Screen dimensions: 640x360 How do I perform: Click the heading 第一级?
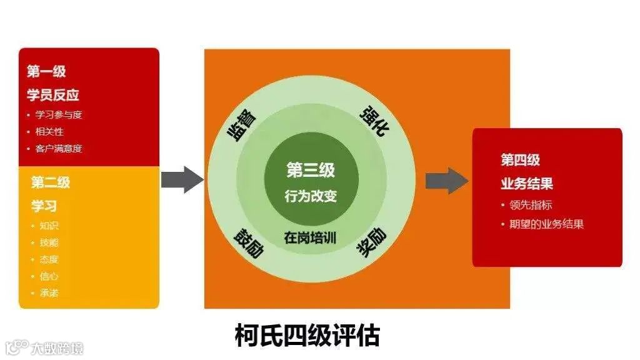tap(46, 72)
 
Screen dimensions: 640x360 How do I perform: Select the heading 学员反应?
tap(53, 96)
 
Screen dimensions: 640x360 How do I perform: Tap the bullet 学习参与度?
tap(59, 115)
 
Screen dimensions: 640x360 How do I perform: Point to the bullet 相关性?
tap(49, 132)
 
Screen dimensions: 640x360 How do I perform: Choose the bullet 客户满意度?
tap(59, 149)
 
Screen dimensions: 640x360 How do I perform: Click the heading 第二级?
tap(51, 182)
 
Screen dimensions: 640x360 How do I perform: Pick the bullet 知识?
tap(48, 226)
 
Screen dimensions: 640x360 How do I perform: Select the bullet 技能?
tap(48, 242)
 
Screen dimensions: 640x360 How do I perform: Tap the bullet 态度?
tap(48, 259)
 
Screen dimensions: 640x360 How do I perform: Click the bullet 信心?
tap(48, 276)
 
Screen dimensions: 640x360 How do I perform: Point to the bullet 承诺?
tap(48, 292)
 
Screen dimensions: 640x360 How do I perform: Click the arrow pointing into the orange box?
tap(182, 180)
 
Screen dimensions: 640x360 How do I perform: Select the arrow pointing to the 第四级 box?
tap(446, 181)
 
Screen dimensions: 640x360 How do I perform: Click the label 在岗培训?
tap(311, 238)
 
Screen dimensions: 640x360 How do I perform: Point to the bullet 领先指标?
tap(530, 205)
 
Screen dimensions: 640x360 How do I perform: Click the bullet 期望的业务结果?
tap(546, 224)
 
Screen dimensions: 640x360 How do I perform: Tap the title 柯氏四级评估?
tap(307, 336)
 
